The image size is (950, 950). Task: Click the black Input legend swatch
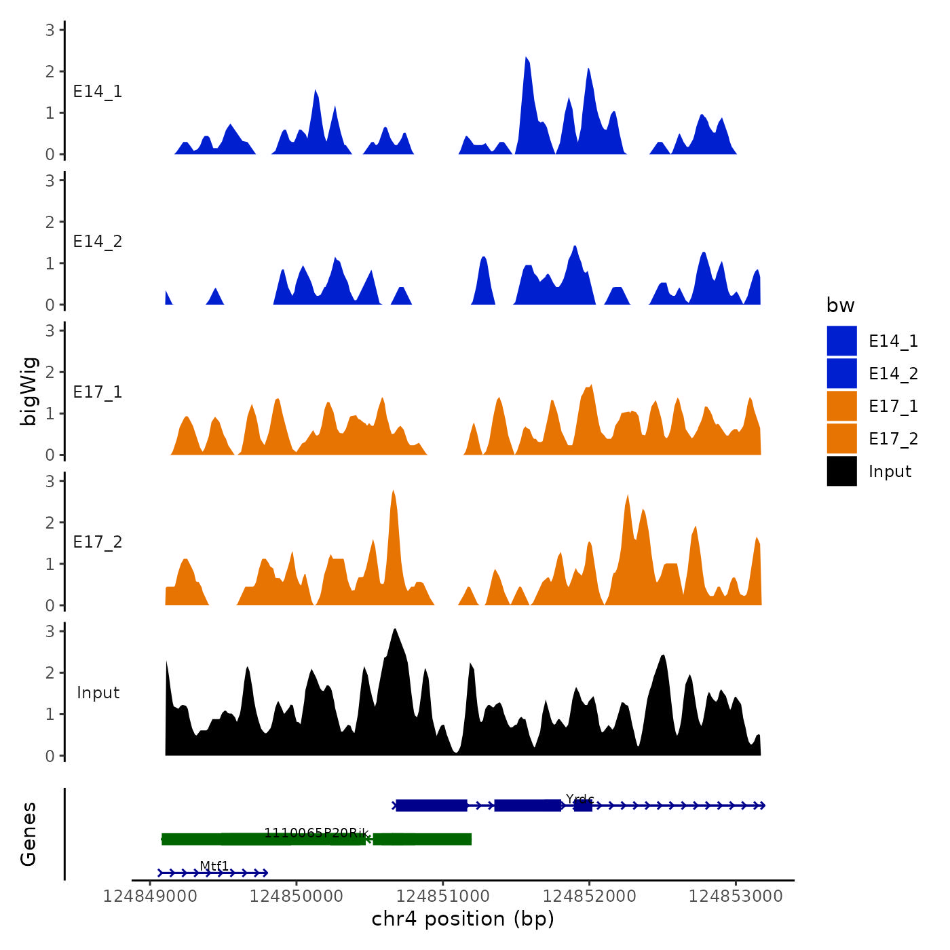coord(841,471)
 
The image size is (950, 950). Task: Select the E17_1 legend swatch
coord(841,406)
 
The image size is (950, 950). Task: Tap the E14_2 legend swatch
coord(841,373)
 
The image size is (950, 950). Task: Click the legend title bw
coord(840,305)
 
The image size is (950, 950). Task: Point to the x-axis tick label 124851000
coord(442,896)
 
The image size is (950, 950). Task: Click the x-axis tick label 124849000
coord(150,896)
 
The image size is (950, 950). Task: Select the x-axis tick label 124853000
coord(736,896)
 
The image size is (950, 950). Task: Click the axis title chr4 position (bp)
coord(463,919)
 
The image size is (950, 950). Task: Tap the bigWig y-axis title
coord(28,392)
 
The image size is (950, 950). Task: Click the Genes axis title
coord(28,834)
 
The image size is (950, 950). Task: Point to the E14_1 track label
coord(98,92)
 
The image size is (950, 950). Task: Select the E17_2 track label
coord(98,541)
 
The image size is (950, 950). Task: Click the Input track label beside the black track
coord(98,692)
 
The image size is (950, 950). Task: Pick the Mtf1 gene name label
coord(214,866)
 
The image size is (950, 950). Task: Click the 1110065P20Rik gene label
coord(316,833)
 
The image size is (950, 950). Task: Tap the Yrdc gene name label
coord(579,799)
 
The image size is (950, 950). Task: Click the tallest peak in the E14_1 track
coord(527,60)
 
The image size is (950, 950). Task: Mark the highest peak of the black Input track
coord(395,631)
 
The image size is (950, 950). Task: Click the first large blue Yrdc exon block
coord(432,805)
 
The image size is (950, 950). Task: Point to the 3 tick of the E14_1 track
coord(50,30)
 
